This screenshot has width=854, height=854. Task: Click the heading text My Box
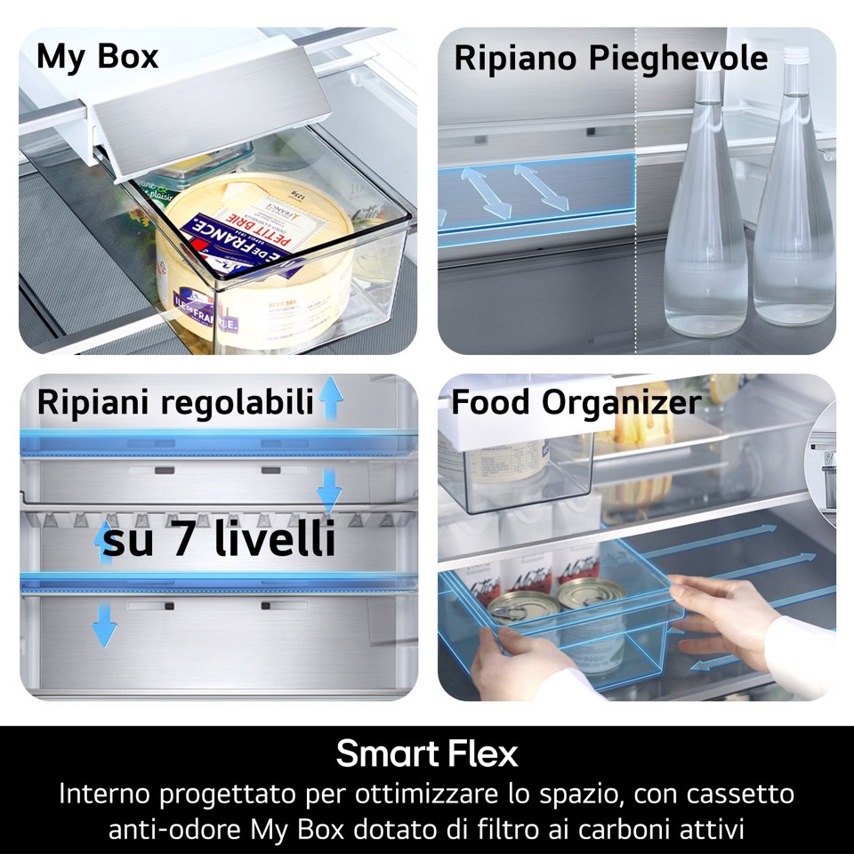(97, 56)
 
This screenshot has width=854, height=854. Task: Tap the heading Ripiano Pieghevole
(610, 59)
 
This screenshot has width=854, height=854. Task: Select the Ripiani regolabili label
(175, 402)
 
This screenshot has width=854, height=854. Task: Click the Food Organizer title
(576, 402)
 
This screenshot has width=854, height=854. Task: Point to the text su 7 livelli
(219, 540)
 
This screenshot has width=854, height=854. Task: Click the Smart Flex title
(427, 754)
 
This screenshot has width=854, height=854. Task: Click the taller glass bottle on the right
(794, 213)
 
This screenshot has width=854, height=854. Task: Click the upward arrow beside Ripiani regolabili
(331, 398)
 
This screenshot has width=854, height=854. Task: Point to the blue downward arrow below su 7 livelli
(104, 624)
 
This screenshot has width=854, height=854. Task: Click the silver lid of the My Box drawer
(209, 116)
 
